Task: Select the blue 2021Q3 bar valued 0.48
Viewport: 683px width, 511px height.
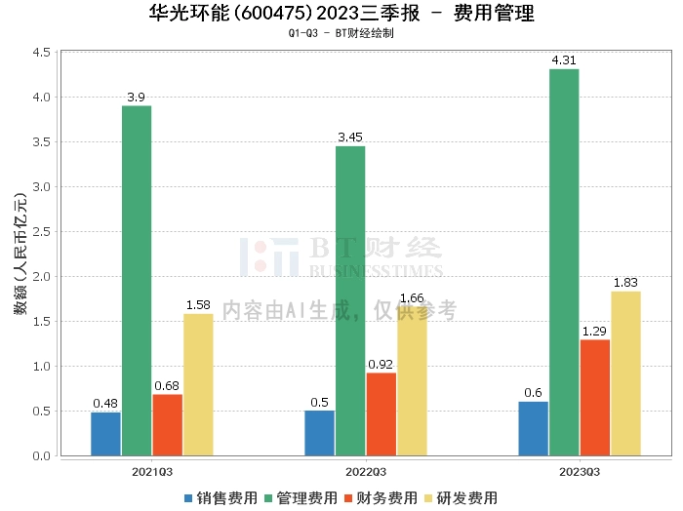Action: pos(105,434)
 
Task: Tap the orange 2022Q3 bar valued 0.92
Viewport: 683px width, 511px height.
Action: pos(382,414)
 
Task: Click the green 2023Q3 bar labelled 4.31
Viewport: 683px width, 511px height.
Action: pos(564,262)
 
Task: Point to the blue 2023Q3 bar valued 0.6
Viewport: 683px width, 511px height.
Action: pos(533,429)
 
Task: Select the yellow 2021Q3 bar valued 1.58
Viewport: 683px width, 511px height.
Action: pos(198,384)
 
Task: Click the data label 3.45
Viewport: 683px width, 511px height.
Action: pos(350,138)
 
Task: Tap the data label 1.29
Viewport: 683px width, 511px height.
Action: pos(595,332)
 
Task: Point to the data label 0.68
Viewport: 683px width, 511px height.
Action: pos(167,386)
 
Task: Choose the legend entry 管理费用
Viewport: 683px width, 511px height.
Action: pos(301,498)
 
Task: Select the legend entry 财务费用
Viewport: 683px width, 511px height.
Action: pos(382,498)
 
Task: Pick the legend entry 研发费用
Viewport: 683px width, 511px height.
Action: pos(462,498)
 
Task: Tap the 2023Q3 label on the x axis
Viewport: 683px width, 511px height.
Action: pos(580,471)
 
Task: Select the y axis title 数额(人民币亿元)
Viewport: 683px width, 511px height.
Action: pos(20,254)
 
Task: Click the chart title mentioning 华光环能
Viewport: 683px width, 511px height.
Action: pos(341,14)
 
